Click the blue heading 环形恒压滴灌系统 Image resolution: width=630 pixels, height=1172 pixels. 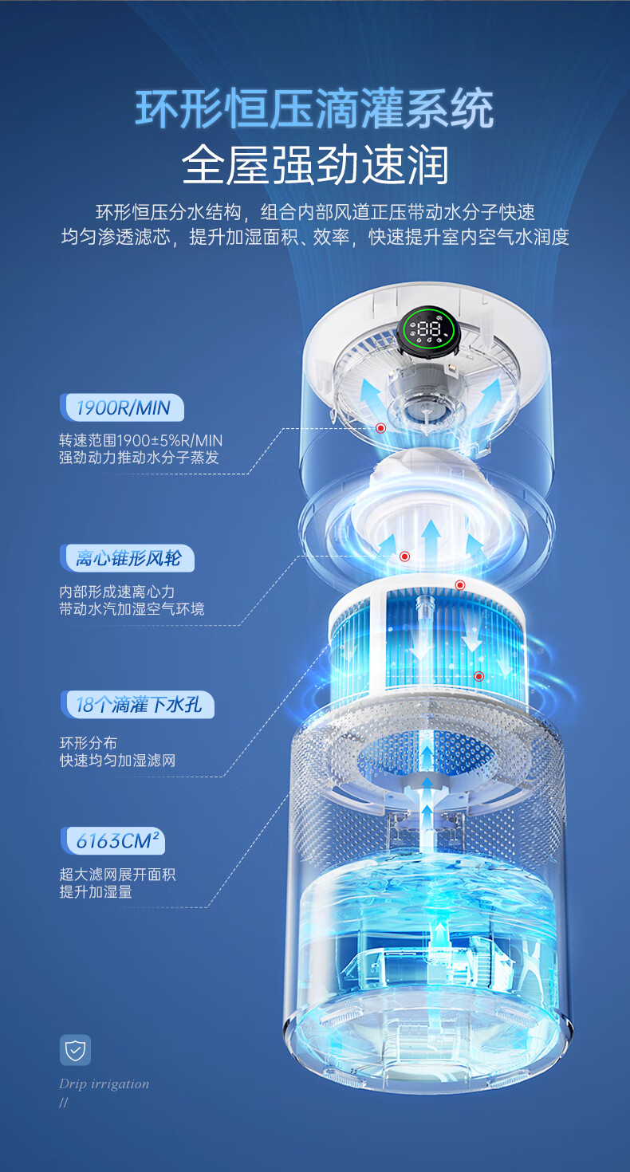click(x=314, y=109)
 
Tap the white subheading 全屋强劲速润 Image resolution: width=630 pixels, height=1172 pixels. click(x=315, y=165)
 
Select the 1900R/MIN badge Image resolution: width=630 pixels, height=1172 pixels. click(x=123, y=408)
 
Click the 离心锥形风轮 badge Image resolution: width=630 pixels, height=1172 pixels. click(x=128, y=558)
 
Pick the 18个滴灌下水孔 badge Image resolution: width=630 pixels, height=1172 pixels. click(x=137, y=705)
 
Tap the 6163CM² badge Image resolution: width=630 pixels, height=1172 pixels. click(x=112, y=840)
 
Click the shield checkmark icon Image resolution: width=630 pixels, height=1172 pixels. click(x=75, y=1050)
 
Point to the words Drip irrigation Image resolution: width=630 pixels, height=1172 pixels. click(x=104, y=1084)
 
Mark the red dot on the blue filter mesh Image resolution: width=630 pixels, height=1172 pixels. click(x=478, y=676)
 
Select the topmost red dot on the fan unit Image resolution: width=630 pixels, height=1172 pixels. click(x=381, y=428)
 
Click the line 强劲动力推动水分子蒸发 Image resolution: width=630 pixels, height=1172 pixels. click(x=139, y=458)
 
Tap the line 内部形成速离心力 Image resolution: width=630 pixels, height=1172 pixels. click(x=116, y=592)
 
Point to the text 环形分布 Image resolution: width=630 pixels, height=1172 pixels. click(x=89, y=743)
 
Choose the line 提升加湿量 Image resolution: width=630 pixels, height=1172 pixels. click(x=96, y=891)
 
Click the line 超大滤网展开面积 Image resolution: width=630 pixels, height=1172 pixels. click(x=117, y=874)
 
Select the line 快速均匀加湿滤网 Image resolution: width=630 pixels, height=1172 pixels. click(x=117, y=761)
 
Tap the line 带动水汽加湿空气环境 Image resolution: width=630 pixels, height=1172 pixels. click(x=132, y=609)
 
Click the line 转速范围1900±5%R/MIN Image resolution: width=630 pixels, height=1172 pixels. click(x=140, y=440)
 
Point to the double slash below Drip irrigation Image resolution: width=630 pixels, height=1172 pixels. click(x=64, y=1103)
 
